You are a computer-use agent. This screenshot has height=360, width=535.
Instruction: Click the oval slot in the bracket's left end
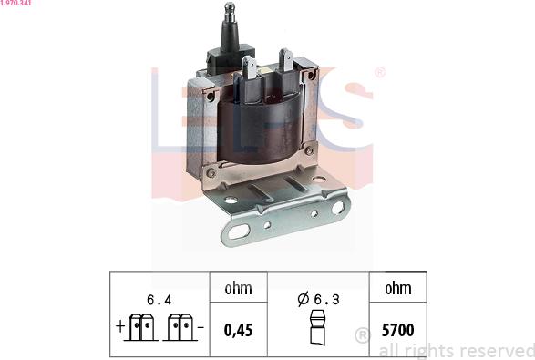coord(239,231)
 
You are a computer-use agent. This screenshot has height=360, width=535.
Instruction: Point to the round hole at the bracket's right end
coord(337,208)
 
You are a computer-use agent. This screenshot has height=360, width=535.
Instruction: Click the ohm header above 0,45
coord(238,289)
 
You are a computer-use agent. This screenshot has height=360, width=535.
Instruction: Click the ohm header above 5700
coord(397,289)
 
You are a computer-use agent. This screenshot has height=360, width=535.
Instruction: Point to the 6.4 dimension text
coord(160,297)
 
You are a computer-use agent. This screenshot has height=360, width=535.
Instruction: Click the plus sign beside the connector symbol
coord(119,326)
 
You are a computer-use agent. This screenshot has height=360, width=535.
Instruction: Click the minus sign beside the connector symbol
coord(201,326)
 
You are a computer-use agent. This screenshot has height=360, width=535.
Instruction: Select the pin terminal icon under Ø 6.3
coord(317,328)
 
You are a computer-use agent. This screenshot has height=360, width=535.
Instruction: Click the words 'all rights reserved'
coord(456,350)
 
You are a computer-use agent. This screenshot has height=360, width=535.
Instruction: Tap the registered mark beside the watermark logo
coord(379,72)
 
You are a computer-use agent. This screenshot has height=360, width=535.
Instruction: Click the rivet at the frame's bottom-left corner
coord(211,171)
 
